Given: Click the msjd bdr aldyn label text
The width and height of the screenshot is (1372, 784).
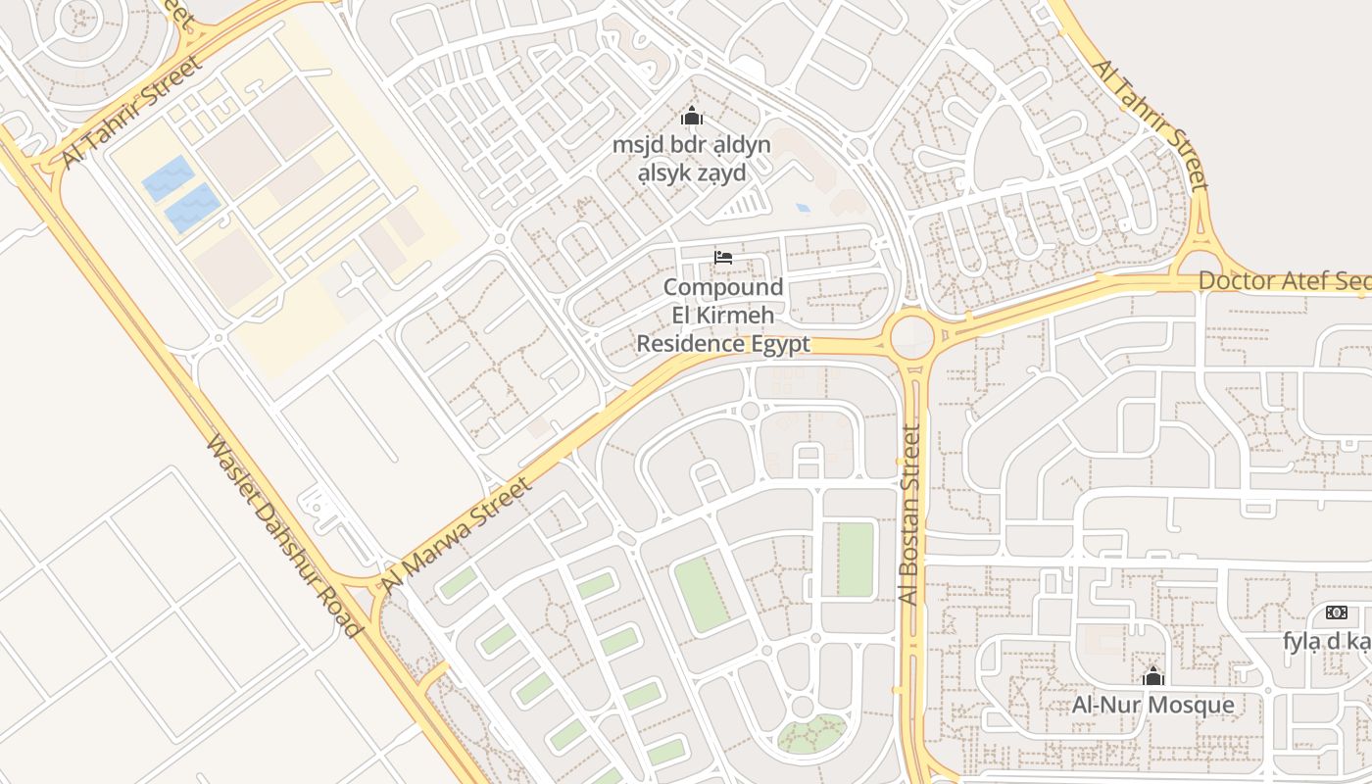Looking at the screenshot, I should point(691,145).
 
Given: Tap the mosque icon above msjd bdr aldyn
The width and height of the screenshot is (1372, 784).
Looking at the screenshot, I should point(692,117).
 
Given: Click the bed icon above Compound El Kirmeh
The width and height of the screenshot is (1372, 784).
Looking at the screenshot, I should point(723,258).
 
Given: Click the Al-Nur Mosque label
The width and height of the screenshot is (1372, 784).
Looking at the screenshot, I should point(1152,705).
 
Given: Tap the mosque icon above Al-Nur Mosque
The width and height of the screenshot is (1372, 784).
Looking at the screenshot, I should point(1152,676).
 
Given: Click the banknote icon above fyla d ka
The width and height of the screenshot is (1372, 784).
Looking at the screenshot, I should point(1336,612).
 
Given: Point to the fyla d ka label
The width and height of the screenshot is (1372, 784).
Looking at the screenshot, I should point(1328,641).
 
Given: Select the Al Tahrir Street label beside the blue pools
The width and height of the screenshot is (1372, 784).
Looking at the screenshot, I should point(130,111).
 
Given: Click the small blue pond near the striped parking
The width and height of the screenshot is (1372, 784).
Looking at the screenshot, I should point(804,208).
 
